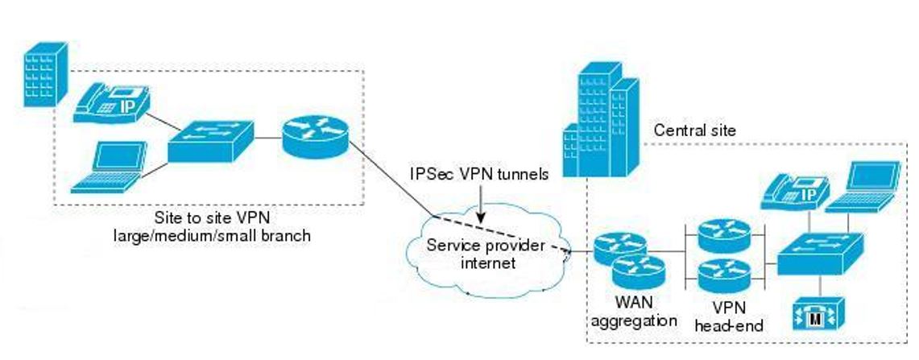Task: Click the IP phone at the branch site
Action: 114,104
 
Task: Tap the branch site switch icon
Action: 211,143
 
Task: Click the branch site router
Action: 315,136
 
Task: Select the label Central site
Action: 694,130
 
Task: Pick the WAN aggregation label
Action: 634,313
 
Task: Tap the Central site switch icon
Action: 818,251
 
